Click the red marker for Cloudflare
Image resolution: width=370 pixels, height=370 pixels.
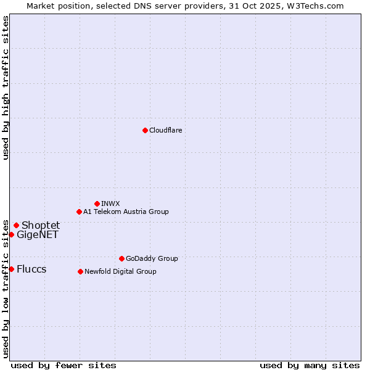(x=145, y=130)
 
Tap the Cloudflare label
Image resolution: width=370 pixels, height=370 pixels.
(x=166, y=130)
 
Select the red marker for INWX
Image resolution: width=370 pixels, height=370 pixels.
(x=97, y=203)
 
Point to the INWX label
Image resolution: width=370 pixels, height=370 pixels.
(x=110, y=203)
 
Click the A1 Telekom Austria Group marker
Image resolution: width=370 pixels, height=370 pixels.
(x=79, y=212)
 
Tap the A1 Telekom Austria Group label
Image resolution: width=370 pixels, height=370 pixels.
(x=126, y=212)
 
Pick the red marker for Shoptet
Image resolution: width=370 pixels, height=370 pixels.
(x=16, y=225)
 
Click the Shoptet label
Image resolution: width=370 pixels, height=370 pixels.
(x=41, y=225)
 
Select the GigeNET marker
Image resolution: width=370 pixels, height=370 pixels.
(x=11, y=234)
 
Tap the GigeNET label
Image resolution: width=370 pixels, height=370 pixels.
(x=38, y=234)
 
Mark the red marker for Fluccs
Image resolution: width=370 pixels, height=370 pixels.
(x=11, y=269)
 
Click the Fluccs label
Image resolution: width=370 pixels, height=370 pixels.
(x=31, y=269)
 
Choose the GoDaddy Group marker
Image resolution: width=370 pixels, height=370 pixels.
(x=121, y=258)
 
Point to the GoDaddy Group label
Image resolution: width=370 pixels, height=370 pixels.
(x=152, y=258)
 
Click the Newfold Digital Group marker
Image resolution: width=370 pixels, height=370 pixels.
(x=80, y=271)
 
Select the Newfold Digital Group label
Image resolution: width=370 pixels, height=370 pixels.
(x=120, y=271)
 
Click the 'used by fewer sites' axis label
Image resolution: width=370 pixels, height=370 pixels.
(x=64, y=365)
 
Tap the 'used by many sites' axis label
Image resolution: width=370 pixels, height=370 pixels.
(x=310, y=365)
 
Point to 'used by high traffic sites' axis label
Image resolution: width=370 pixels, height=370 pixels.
(x=6, y=88)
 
